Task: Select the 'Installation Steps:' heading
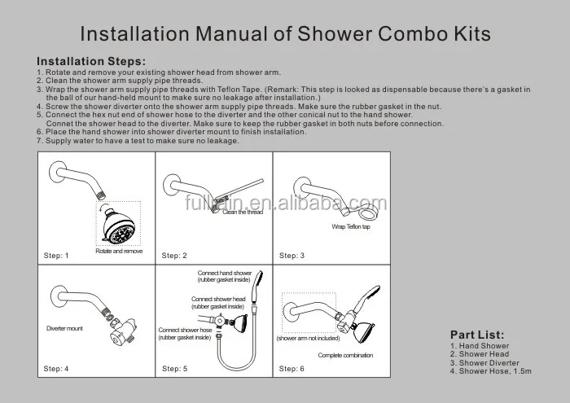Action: pyautogui.click(x=92, y=61)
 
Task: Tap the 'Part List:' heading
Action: pyautogui.click(x=476, y=335)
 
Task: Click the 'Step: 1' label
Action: pyautogui.click(x=55, y=256)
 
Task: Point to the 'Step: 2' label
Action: pyautogui.click(x=174, y=256)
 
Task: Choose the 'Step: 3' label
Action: pyautogui.click(x=292, y=256)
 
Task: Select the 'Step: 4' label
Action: pyautogui.click(x=55, y=369)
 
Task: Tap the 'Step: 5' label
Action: pyautogui.click(x=174, y=369)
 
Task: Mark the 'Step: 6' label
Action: pyautogui.click(x=292, y=369)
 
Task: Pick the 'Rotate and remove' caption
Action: pyautogui.click(x=118, y=252)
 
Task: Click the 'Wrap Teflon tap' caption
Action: pyautogui.click(x=352, y=226)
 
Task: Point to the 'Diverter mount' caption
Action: pyautogui.click(x=65, y=330)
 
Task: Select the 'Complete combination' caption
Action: pyautogui.click(x=345, y=356)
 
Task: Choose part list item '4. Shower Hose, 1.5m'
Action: pyautogui.click(x=490, y=371)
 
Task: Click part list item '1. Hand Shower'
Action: pyautogui.click(x=480, y=346)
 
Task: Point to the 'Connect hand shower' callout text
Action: pyautogui.click(x=225, y=272)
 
